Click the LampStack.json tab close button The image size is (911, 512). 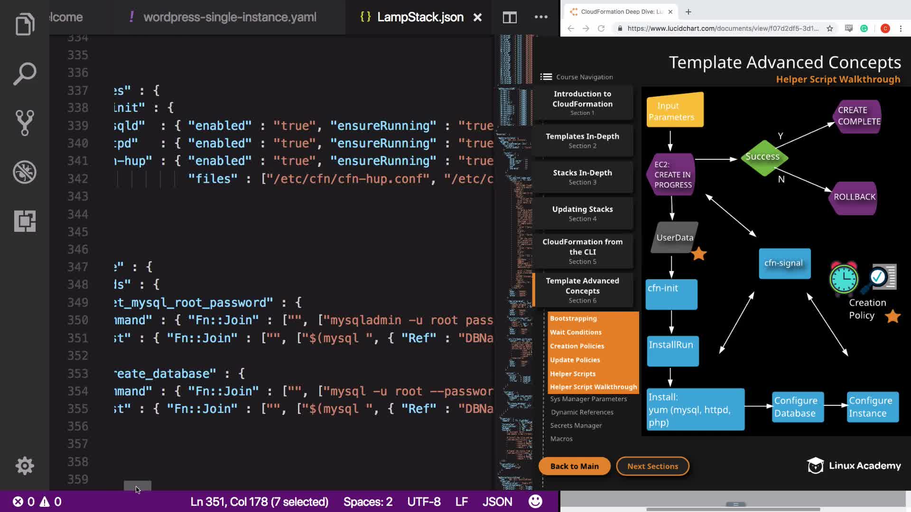pos(477,18)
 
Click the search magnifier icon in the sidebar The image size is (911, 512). pos(25,73)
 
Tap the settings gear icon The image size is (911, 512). pos(25,466)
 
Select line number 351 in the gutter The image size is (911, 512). pos(78,338)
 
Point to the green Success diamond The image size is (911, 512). pos(762,157)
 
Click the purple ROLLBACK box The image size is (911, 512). pos(855,197)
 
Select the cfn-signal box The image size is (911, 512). pos(784,264)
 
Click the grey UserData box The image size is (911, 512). pos(674,238)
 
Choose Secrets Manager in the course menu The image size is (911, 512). pos(576,426)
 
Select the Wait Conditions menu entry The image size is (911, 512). pos(576,332)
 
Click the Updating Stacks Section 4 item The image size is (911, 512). pos(582,213)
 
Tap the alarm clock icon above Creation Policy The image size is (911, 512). pos(844,278)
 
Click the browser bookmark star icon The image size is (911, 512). pos(830,28)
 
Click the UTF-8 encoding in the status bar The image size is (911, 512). pos(424,502)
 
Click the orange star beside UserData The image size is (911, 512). pos(699,254)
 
